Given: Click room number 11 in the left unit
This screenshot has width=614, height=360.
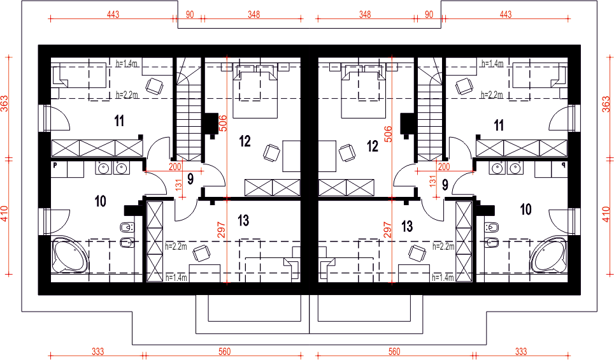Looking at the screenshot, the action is (x=120, y=121).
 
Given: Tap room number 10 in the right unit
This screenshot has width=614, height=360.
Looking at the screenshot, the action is (x=525, y=209).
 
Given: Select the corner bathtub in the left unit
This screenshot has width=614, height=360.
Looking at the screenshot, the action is (x=69, y=255).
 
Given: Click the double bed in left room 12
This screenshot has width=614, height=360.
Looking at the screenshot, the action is (x=255, y=92).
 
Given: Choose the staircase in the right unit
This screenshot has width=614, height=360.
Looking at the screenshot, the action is (x=430, y=110).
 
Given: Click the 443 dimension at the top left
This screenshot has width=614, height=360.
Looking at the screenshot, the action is (x=113, y=15).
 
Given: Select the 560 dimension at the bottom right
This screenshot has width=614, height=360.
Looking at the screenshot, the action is (x=394, y=351).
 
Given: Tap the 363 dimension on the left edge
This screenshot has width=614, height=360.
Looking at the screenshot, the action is (x=4, y=104).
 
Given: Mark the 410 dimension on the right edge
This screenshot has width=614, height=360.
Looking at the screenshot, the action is (x=606, y=214).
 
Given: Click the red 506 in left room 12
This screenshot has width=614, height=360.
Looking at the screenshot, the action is (x=222, y=123).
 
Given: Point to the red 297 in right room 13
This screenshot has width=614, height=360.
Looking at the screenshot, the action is (x=387, y=231).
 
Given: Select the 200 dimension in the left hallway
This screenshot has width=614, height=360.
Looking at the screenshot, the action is (x=175, y=167).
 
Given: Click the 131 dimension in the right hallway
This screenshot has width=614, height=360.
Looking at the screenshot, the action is (x=432, y=182).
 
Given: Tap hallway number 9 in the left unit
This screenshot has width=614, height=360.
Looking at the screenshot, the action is (x=190, y=180).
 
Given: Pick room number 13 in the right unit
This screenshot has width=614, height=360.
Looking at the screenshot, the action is (x=407, y=226).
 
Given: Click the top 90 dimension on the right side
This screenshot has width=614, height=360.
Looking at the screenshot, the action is (x=429, y=15).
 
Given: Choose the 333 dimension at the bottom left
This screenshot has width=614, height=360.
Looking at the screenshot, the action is (x=97, y=351).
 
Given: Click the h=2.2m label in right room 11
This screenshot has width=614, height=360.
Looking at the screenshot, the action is (x=492, y=95).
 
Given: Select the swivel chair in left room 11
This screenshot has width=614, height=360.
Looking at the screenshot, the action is (x=154, y=86).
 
